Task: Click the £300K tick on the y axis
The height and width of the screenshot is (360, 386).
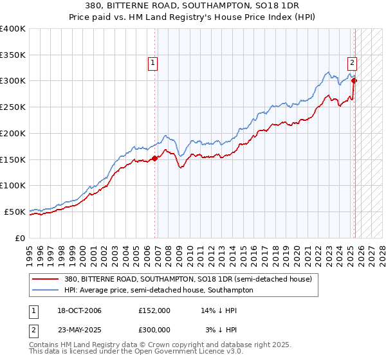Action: pyautogui.click(x=12, y=81)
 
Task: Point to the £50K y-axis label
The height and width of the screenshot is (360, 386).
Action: pyautogui.click(x=14, y=212)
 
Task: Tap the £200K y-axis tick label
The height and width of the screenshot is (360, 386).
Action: pyautogui.click(x=12, y=133)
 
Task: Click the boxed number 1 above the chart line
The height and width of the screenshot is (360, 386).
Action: pyautogui.click(x=153, y=62)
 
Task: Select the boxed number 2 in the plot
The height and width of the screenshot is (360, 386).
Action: pyautogui.click(x=353, y=62)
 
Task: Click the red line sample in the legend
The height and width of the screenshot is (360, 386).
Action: pyautogui.click(x=47, y=279)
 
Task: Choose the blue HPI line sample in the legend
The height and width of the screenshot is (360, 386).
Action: pyautogui.click(x=47, y=290)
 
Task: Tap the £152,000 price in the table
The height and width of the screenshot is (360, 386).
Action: pyautogui.click(x=154, y=310)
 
